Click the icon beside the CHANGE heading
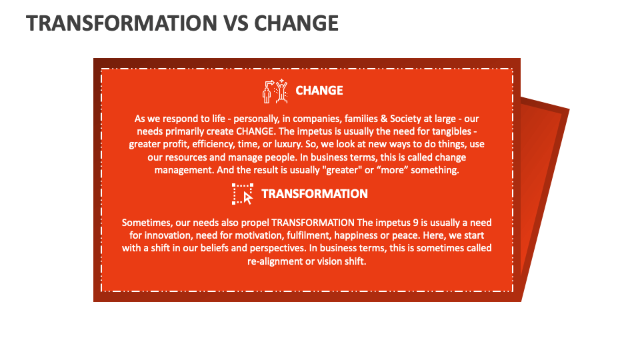click(275, 91)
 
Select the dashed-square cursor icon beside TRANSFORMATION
click(243, 194)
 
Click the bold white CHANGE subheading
click(319, 91)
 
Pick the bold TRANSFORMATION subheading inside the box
click(315, 194)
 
